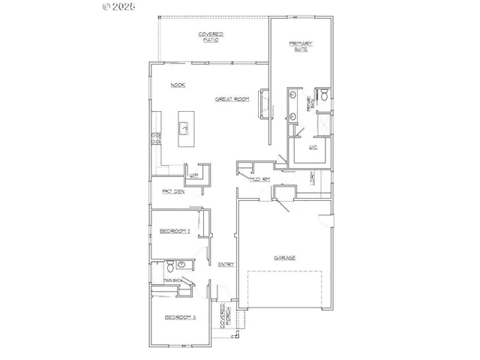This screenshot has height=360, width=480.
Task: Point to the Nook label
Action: (x=178, y=85)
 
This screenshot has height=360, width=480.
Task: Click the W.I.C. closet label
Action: (x=313, y=148)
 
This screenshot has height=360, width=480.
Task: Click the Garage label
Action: (x=283, y=257)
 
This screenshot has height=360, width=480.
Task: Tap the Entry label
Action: (x=225, y=264)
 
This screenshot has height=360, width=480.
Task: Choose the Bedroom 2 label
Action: (x=175, y=232)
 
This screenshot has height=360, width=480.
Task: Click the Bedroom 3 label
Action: (x=180, y=317)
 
